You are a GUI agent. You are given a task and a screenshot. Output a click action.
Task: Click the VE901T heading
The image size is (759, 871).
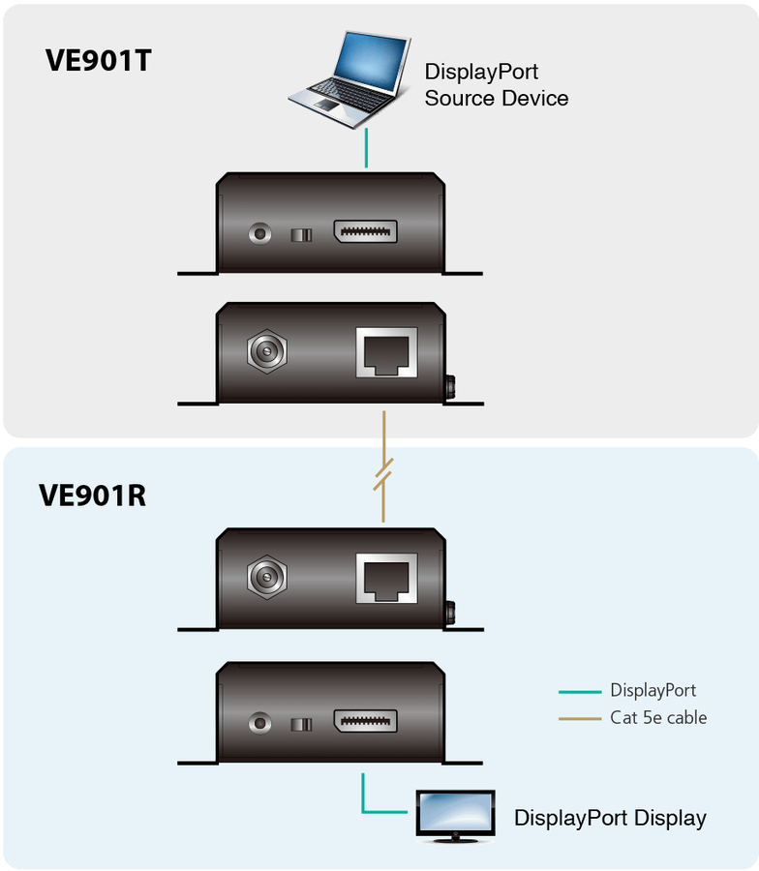[x=99, y=60]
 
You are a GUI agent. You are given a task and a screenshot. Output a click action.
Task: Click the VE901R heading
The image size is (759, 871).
[x=93, y=495]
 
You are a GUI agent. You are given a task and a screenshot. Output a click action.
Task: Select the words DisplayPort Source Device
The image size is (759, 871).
[x=496, y=85]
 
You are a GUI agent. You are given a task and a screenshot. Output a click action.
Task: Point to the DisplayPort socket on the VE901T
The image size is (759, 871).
[x=365, y=232]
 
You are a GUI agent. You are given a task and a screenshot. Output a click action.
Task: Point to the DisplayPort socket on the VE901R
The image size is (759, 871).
[x=365, y=721]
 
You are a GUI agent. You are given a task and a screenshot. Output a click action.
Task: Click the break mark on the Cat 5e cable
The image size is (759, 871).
[x=383, y=477]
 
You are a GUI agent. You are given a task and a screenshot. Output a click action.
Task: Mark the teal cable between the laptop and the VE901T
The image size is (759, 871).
[x=366, y=148]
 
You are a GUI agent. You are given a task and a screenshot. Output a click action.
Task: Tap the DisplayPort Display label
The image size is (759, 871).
[x=610, y=818]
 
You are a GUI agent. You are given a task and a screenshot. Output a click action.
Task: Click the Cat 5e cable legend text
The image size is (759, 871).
[x=658, y=718]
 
